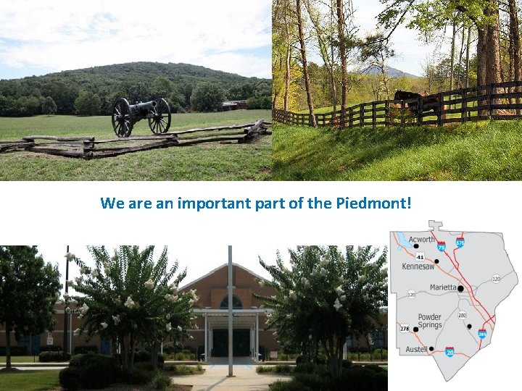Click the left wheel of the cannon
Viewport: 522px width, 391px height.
122,117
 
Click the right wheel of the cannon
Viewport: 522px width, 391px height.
159,116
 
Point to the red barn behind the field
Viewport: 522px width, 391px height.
234,105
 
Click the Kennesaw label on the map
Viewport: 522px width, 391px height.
420,266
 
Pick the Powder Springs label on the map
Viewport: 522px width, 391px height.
428,321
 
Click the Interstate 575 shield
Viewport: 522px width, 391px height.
461,243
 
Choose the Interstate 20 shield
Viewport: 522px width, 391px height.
449,351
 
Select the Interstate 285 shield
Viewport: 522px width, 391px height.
482,334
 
